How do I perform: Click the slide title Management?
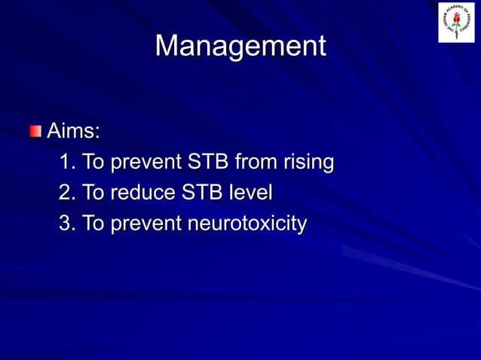click(x=240, y=47)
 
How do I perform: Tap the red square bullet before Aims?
click(x=36, y=133)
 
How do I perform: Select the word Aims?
click(x=73, y=132)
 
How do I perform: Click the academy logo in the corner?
click(x=456, y=23)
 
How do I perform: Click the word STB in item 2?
click(x=201, y=194)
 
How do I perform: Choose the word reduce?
click(x=142, y=194)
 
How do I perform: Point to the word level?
click(x=251, y=194)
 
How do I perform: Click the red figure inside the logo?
click(x=456, y=23)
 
